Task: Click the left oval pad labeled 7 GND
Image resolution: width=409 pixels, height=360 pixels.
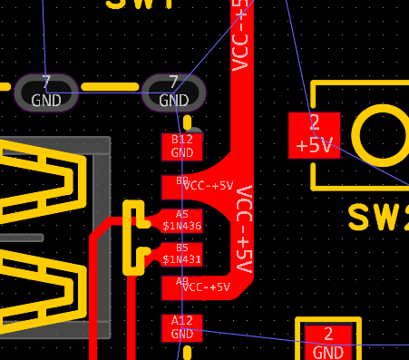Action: pos(46,92)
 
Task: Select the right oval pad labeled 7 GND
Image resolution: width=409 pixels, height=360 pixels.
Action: pos(174,92)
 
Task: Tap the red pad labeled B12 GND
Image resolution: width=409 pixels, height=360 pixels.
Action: pos(182,146)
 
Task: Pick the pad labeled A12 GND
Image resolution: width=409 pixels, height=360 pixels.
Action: pos(182,327)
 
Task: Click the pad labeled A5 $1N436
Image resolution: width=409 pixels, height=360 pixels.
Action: pos(182,219)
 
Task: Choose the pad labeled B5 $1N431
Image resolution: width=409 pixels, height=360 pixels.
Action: pos(182,253)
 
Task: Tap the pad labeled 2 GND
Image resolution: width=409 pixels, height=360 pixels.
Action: pos(328,342)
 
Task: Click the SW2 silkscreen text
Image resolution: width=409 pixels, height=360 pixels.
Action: pos(378,218)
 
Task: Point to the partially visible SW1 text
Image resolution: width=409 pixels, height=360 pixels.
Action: pos(141,5)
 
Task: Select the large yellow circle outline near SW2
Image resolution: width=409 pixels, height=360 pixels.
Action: pos(380,135)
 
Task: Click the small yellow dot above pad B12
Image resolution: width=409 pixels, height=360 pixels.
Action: pos(188,121)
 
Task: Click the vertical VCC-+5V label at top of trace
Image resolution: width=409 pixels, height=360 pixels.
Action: pos(240,36)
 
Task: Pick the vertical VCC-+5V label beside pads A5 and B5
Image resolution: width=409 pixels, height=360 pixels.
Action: pos(243,230)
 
